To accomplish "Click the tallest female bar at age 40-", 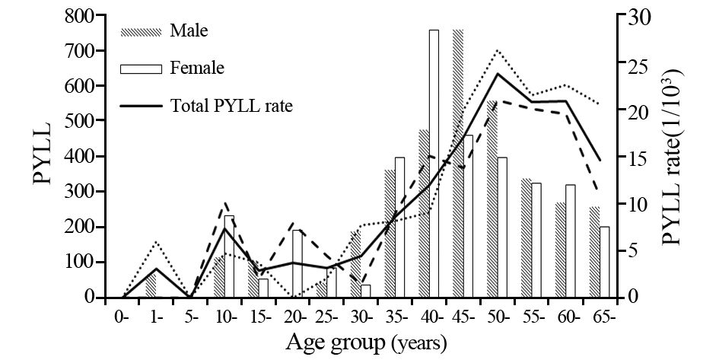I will click(x=434, y=164).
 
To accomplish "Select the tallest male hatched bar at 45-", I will click(x=457, y=164).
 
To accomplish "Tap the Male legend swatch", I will click(x=142, y=32).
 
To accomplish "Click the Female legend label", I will click(x=197, y=68).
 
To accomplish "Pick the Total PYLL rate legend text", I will click(x=231, y=105).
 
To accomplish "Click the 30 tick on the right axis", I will click(x=636, y=16).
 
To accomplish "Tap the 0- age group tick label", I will click(x=121, y=316).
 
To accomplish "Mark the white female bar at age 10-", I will click(x=230, y=256).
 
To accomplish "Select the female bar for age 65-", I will click(x=605, y=262).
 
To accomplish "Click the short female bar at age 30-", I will click(x=365, y=291).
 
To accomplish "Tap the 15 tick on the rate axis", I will click(x=636, y=157).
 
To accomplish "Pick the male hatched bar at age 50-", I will click(x=492, y=199).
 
